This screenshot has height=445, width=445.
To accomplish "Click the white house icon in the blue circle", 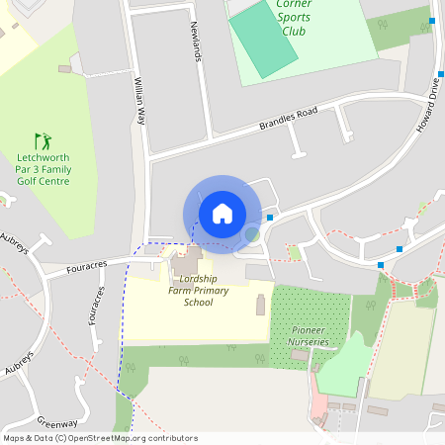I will (222, 213).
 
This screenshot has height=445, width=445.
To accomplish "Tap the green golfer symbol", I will (42, 141).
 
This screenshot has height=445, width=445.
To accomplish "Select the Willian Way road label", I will (139, 103).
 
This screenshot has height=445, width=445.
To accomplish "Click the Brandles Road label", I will (289, 119).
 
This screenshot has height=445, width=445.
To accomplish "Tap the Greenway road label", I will (57, 419).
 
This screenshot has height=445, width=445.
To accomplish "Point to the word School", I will (198, 303).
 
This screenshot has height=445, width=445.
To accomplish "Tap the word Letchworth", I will (44, 157).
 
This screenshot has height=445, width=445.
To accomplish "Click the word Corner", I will (294, 4).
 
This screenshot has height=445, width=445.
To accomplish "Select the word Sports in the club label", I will (294, 17).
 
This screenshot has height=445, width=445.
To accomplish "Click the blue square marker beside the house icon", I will (270, 218).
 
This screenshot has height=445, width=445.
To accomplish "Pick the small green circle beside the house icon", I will (253, 234).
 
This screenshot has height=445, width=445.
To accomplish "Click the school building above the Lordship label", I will (185, 264).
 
